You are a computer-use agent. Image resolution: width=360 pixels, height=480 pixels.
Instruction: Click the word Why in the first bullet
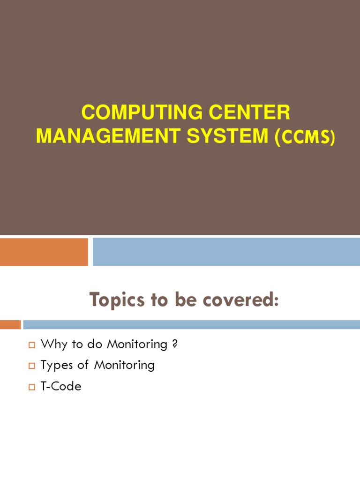tap(52, 345)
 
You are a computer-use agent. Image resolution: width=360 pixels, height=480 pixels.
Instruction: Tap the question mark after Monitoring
tap(175, 345)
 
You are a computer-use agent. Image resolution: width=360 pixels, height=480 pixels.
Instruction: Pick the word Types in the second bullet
tap(56, 365)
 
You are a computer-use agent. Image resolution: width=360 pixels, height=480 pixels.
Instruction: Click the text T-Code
tap(61, 386)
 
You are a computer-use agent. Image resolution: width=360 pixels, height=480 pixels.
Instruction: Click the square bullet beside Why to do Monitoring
tap(32, 345)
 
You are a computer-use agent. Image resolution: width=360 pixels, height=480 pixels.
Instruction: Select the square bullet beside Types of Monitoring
tap(32, 366)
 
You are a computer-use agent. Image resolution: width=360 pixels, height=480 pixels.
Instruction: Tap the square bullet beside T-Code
tap(32, 387)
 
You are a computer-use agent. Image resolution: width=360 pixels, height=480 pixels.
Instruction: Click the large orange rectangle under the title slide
tap(44, 252)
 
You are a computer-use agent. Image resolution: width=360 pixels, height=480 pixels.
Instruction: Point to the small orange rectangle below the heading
tap(10, 324)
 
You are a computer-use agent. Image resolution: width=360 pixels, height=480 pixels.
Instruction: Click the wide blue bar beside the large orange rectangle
tap(226, 252)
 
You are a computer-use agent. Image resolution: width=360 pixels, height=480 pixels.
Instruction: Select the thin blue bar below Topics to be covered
tap(191, 324)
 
